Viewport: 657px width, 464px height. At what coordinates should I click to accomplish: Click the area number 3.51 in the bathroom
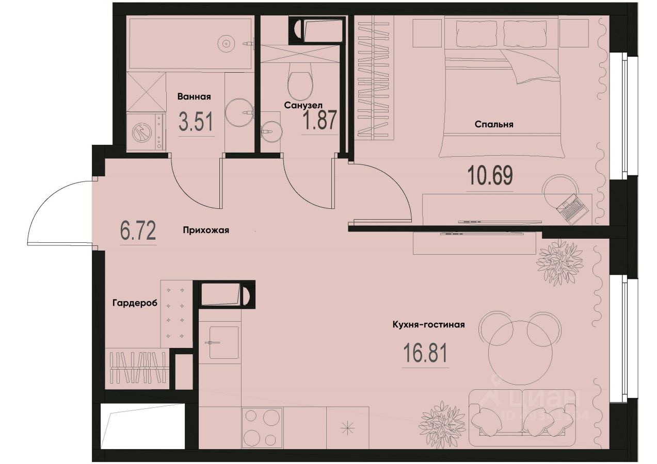point(196,122)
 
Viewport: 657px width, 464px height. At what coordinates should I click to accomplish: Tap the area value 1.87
point(319,122)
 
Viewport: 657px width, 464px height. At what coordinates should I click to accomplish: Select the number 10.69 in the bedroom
point(490,176)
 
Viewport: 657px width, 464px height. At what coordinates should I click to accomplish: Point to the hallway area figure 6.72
point(138,231)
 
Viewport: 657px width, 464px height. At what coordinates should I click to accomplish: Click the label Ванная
point(194,96)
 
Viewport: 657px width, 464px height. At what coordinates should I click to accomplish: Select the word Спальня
point(493,124)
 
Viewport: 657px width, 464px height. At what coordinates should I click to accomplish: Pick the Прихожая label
point(205,231)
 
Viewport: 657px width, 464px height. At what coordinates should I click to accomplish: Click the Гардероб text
point(134,303)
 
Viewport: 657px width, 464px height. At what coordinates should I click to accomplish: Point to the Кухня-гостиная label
point(428,325)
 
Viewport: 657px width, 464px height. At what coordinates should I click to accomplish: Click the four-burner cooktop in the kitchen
point(262,428)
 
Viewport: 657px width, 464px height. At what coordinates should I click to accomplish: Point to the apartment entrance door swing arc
point(49,206)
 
